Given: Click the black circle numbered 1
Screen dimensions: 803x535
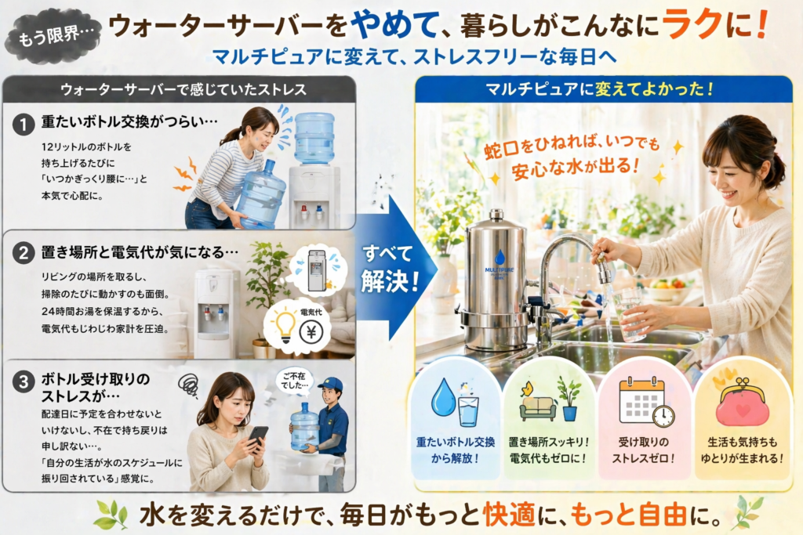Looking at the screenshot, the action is click(23, 125).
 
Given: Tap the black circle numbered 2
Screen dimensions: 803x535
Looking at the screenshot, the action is click(23, 253).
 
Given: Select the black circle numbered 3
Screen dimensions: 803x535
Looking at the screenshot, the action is click(23, 382).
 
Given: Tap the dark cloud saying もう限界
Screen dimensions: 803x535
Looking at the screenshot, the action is click(53, 36).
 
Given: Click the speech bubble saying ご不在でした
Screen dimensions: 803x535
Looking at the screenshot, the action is click(295, 381).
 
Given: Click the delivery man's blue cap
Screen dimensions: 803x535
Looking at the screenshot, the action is click(331, 384).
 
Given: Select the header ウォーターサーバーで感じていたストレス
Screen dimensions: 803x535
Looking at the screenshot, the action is click(183, 89).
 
